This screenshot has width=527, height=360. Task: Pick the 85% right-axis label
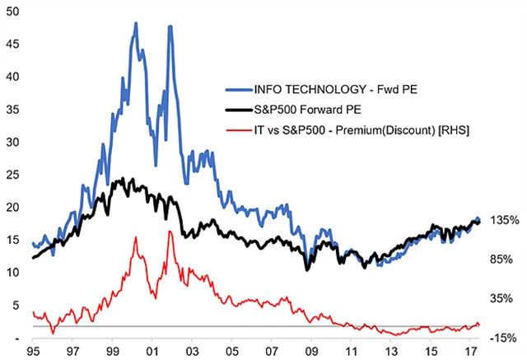pos(501,259)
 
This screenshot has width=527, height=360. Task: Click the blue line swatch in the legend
pos(240,90)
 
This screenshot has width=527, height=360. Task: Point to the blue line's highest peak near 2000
pos(136,24)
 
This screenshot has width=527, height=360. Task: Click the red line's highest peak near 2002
pos(170,232)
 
